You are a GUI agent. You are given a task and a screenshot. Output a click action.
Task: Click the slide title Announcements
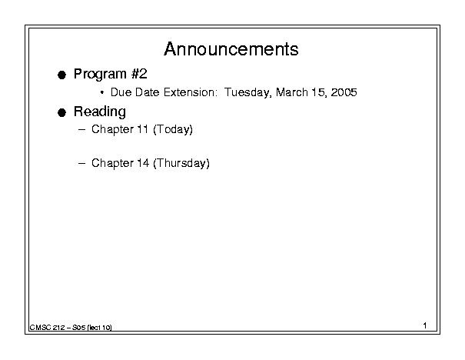(231, 49)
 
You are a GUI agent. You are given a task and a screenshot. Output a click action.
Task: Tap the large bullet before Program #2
(61, 75)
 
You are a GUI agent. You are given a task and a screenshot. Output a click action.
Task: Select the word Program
(100, 75)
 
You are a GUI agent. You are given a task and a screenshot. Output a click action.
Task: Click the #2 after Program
(139, 74)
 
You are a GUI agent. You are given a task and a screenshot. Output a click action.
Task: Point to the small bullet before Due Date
(102, 92)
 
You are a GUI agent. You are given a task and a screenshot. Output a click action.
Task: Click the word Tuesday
(247, 92)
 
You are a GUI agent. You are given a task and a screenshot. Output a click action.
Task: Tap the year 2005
(344, 92)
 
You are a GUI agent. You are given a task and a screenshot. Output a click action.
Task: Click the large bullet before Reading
(61, 113)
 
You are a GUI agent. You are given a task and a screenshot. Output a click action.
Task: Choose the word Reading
(100, 112)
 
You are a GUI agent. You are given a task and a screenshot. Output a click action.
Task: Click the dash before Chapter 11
(81, 130)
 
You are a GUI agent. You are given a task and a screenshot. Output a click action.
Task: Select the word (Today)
(173, 130)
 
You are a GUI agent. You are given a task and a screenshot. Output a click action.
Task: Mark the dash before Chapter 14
(81, 163)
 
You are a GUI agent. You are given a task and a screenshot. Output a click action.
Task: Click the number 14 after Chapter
(143, 163)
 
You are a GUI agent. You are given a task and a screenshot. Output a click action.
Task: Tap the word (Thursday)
(181, 164)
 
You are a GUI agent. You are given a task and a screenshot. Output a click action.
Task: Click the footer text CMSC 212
(47, 328)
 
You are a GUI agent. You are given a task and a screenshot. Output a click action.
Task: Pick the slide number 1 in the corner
(425, 325)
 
